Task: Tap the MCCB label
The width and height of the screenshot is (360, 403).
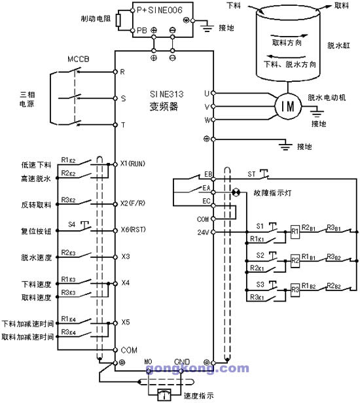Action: point(79,60)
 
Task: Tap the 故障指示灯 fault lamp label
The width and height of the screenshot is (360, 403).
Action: point(261,193)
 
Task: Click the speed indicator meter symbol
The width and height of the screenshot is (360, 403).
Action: point(160,393)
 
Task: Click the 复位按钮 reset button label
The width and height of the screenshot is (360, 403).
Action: point(36,231)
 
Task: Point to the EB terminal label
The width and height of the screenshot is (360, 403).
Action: point(208,175)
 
